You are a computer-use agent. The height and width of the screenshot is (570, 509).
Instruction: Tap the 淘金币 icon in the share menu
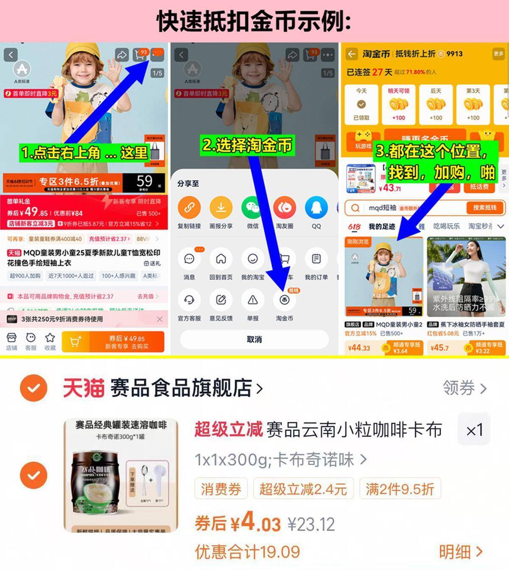[x=284, y=300]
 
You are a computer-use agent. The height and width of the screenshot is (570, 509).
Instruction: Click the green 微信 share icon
[x=252, y=207]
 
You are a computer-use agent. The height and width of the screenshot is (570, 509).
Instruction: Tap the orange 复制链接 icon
[x=189, y=207]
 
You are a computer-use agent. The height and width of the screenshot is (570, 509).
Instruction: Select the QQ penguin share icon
[x=316, y=207]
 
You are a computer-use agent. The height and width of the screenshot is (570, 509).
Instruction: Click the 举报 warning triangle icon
[x=252, y=300]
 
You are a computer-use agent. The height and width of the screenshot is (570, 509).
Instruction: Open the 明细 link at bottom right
[x=460, y=552]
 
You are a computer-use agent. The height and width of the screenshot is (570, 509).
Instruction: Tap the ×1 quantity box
[x=474, y=430]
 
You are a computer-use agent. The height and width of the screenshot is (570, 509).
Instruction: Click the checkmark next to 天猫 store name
[x=34, y=388]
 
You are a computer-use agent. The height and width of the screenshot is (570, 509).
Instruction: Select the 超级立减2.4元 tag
[x=303, y=489]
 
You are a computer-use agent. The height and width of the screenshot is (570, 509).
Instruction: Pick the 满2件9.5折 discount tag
[x=400, y=489]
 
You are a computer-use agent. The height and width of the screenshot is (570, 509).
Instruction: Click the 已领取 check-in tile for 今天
[x=361, y=104]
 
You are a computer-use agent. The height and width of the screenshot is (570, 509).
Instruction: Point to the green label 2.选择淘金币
[x=247, y=145]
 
